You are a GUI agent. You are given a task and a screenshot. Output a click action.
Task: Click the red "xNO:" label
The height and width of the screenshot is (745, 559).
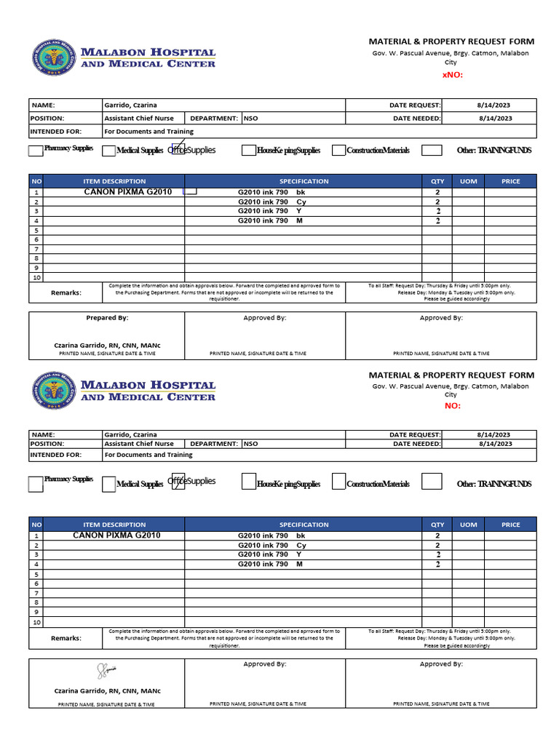tap(452, 75)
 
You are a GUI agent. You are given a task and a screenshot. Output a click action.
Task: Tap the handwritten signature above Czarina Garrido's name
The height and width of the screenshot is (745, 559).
tap(107, 671)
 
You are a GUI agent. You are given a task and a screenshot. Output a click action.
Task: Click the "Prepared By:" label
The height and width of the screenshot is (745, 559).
tap(107, 318)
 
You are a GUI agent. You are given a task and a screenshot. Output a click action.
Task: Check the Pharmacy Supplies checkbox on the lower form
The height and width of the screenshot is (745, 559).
tap(36, 484)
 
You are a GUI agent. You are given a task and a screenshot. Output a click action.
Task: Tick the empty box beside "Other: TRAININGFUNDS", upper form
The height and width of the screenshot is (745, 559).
tap(432, 151)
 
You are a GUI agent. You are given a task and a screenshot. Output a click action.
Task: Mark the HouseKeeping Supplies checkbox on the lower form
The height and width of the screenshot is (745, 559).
tap(249, 482)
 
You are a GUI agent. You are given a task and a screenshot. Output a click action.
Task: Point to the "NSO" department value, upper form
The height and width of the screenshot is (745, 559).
tap(250, 118)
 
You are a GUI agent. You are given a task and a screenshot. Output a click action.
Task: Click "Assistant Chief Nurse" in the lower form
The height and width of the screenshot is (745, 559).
tap(139, 443)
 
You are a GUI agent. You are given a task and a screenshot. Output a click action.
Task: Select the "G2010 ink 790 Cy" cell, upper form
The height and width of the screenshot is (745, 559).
tap(271, 202)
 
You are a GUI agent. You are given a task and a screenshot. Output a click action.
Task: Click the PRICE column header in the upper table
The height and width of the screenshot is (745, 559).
tap(510, 181)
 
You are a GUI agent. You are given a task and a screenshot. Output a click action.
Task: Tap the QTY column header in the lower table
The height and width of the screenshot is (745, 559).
tap(437, 525)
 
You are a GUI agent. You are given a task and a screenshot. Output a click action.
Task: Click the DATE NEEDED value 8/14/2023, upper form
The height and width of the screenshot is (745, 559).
tap(495, 118)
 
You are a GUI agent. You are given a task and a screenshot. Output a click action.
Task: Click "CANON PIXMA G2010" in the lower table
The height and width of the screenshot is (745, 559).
tap(116, 535)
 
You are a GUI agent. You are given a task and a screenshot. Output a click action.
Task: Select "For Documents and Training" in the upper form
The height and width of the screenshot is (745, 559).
tap(148, 132)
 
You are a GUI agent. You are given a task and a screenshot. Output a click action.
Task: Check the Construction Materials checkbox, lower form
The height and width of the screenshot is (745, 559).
tap(338, 482)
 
